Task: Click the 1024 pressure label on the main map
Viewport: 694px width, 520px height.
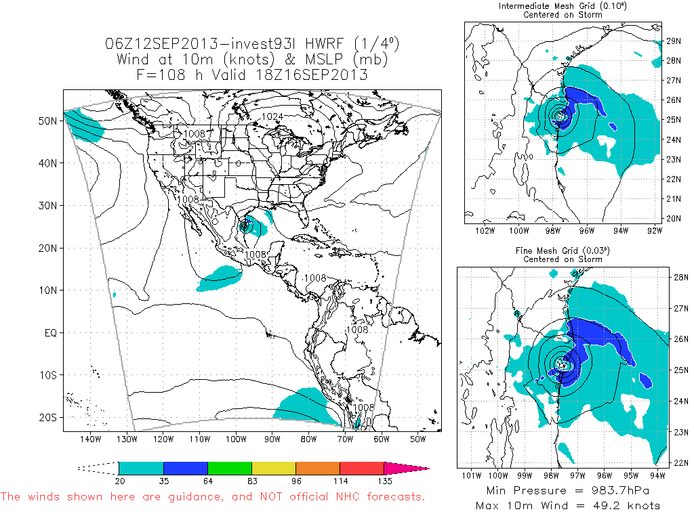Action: pyautogui.click(x=272, y=116)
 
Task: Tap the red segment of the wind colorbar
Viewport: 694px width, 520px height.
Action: pyautogui.click(x=361, y=468)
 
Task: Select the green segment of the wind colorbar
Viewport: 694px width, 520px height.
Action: pyautogui.click(x=229, y=468)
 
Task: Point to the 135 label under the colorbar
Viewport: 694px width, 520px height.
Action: pyautogui.click(x=384, y=481)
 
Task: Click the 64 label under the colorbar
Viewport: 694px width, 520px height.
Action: pyautogui.click(x=207, y=481)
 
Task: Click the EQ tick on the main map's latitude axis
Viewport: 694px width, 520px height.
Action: pyautogui.click(x=51, y=332)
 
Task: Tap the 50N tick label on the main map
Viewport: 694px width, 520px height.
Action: pyautogui.click(x=47, y=120)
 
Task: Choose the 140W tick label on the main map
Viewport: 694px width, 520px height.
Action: pyautogui.click(x=91, y=439)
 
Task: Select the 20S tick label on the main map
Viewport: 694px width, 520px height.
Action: pyautogui.click(x=47, y=418)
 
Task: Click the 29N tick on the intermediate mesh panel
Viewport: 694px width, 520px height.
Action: pyautogui.click(x=673, y=41)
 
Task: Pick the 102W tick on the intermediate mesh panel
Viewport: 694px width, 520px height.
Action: pyautogui.click(x=484, y=230)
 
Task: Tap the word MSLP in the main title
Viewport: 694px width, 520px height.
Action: pyautogui.click(x=326, y=60)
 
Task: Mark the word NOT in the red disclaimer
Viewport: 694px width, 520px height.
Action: pyautogui.click(x=274, y=497)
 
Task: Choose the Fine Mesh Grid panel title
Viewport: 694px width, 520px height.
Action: pyautogui.click(x=562, y=251)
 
